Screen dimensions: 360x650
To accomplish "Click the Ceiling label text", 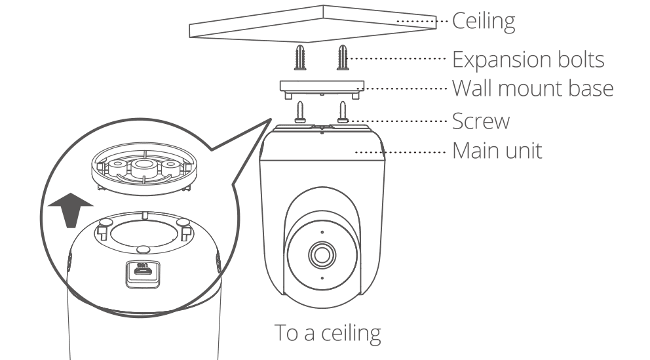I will click(484, 22).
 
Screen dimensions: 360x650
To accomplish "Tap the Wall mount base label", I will click(533, 87).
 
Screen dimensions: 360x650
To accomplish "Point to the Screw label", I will click(481, 121).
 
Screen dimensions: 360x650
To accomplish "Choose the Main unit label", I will click(497, 151).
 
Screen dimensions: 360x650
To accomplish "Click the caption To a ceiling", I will click(327, 332).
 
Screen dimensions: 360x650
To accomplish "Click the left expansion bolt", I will click(301, 59).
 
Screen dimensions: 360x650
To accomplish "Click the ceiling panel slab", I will click(313, 24).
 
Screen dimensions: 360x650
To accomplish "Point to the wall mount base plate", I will click(321, 88).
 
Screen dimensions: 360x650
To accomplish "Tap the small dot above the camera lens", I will click(322, 231).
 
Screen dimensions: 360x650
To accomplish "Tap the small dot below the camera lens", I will click(322, 279).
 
